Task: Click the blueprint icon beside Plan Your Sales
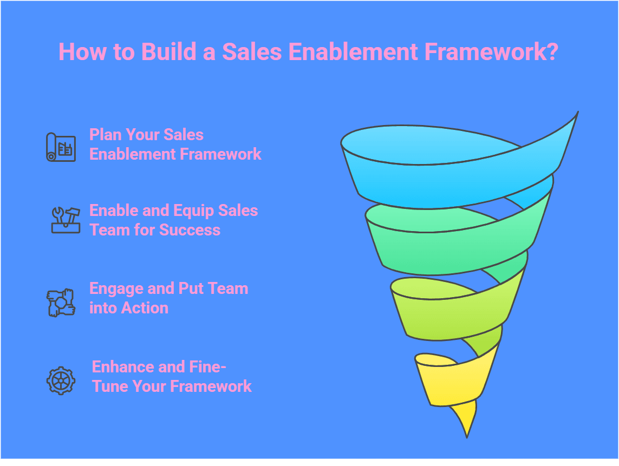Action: tap(60, 146)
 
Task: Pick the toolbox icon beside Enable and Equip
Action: tap(65, 220)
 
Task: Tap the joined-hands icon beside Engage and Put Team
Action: tap(60, 302)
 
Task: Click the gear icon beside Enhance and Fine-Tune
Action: tap(60, 380)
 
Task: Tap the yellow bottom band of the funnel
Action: tap(449, 379)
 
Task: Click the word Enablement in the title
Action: tap(353, 52)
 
